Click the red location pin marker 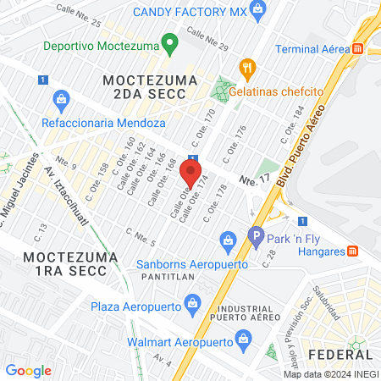coord(190,175)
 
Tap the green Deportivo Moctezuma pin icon coord(169,41)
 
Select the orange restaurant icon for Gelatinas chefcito coord(246,66)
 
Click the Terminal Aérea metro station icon coord(359,49)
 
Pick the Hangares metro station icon coord(353,251)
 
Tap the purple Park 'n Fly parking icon coord(255,238)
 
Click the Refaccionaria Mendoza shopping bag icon coord(61,101)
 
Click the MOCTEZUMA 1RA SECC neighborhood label coord(65,263)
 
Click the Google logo coord(28,370)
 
